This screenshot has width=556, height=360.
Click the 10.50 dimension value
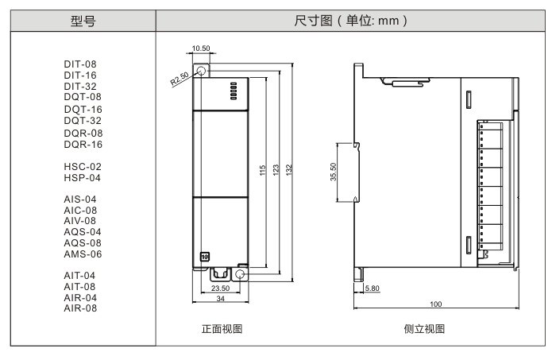[201, 48]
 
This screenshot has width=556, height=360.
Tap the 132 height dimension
[290, 171]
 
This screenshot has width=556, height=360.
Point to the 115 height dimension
[263, 171]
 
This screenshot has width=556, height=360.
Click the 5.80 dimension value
[372, 287]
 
